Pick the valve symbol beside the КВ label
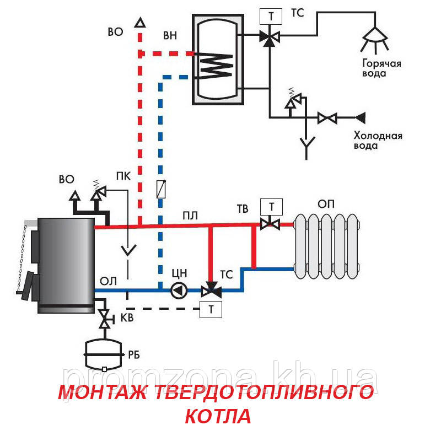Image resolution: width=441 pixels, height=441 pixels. tap(103, 318)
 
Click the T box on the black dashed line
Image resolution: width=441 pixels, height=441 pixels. tap(211, 309)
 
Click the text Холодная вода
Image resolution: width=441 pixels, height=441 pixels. tap(378, 141)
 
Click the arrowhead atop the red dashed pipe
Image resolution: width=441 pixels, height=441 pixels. tap(140, 23)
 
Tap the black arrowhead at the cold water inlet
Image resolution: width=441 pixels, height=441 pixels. tap(361, 117)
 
